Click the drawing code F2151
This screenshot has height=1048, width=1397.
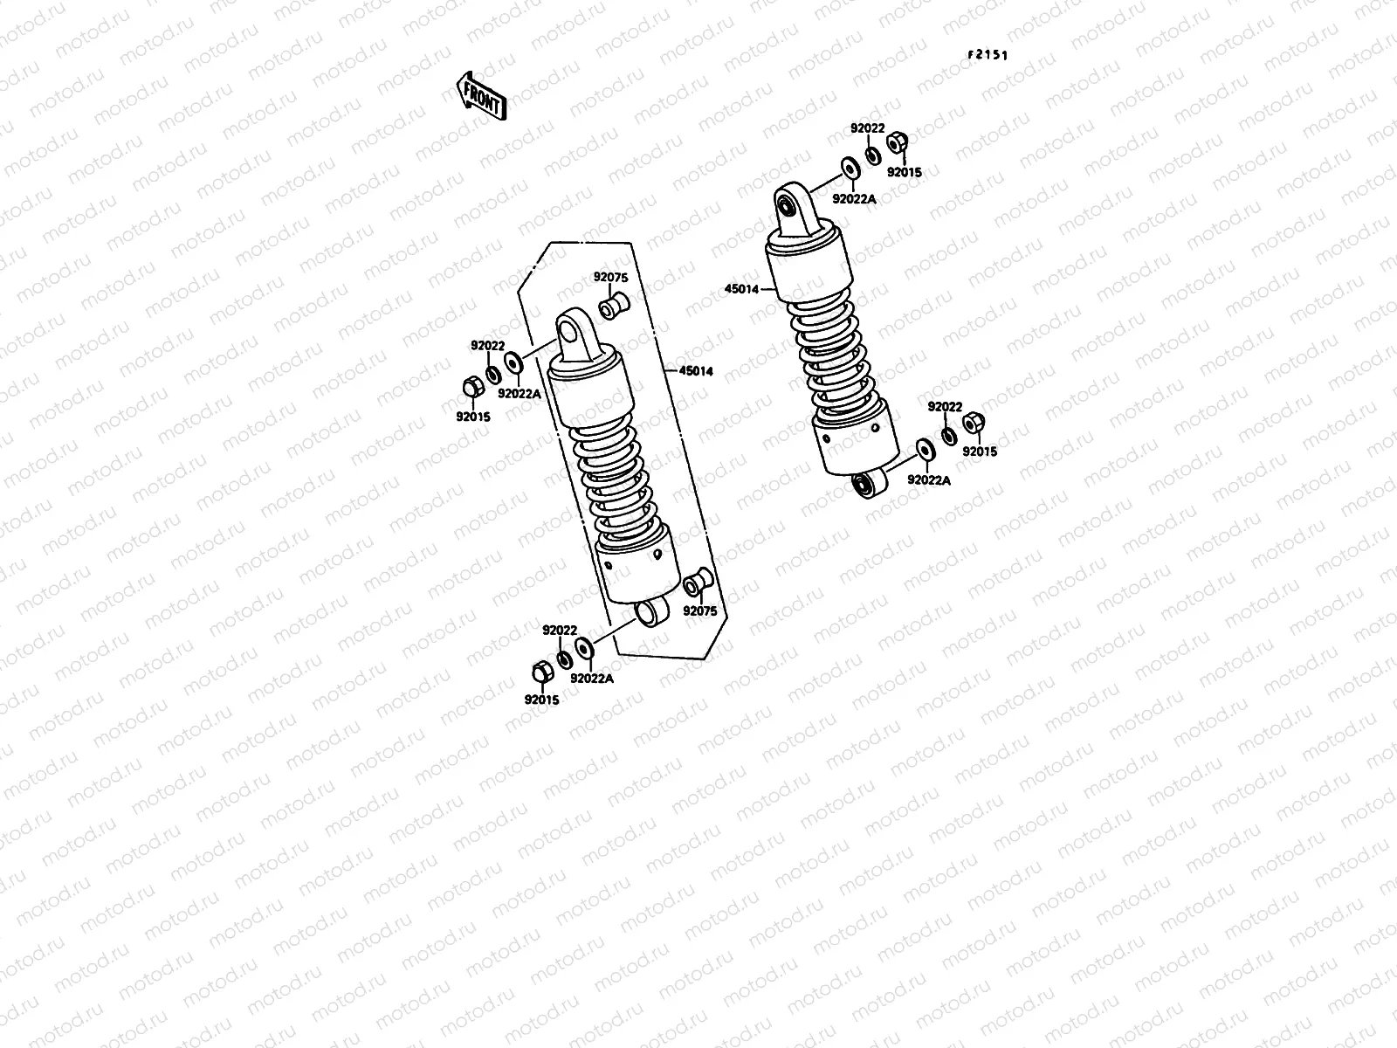pos(987,54)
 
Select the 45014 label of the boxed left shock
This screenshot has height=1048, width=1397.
pos(696,371)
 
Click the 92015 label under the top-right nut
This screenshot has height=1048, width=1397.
pos(904,172)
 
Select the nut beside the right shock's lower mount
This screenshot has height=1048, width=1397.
pos(974,424)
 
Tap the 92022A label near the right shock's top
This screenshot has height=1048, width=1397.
pos(854,199)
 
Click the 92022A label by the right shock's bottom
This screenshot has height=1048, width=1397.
pos(929,479)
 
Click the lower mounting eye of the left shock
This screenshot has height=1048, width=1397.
pos(650,612)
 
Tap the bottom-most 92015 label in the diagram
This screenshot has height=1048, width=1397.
pos(541,700)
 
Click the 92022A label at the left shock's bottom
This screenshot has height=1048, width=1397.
pos(592,678)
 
